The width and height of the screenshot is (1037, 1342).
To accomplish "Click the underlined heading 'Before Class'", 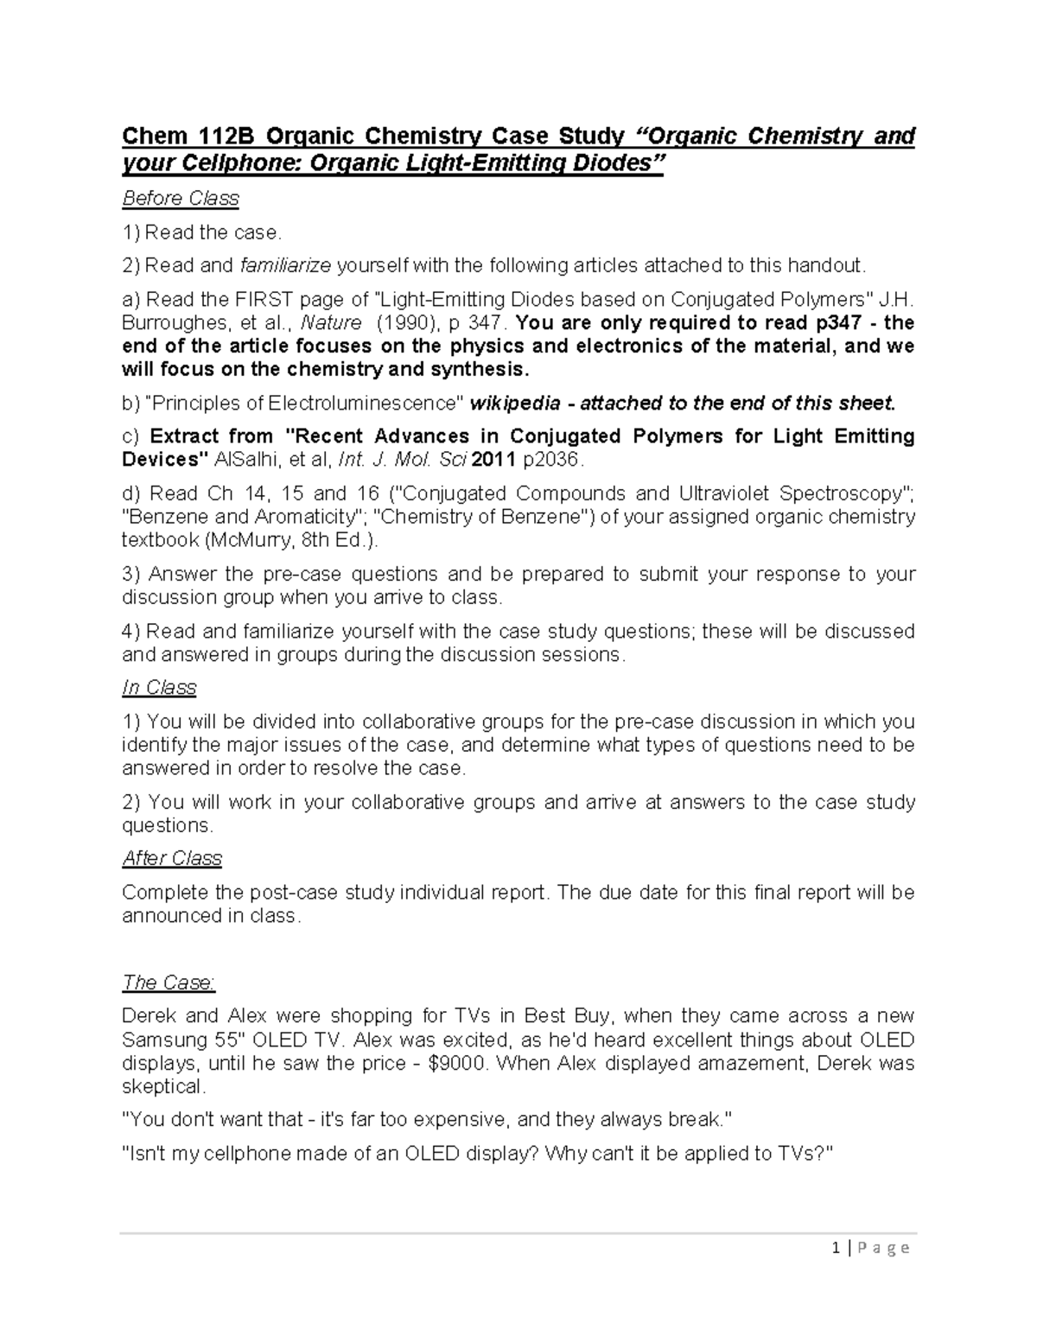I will click(x=180, y=199).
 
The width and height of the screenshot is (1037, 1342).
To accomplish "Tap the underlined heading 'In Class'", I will click(x=159, y=688).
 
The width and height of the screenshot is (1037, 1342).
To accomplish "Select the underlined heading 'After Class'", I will click(x=172, y=858).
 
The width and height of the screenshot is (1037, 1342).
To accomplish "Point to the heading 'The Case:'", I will click(x=169, y=983).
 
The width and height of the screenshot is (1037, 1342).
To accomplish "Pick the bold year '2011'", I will click(x=492, y=460).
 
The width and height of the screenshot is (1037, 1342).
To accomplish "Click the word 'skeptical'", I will click(x=162, y=1086).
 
